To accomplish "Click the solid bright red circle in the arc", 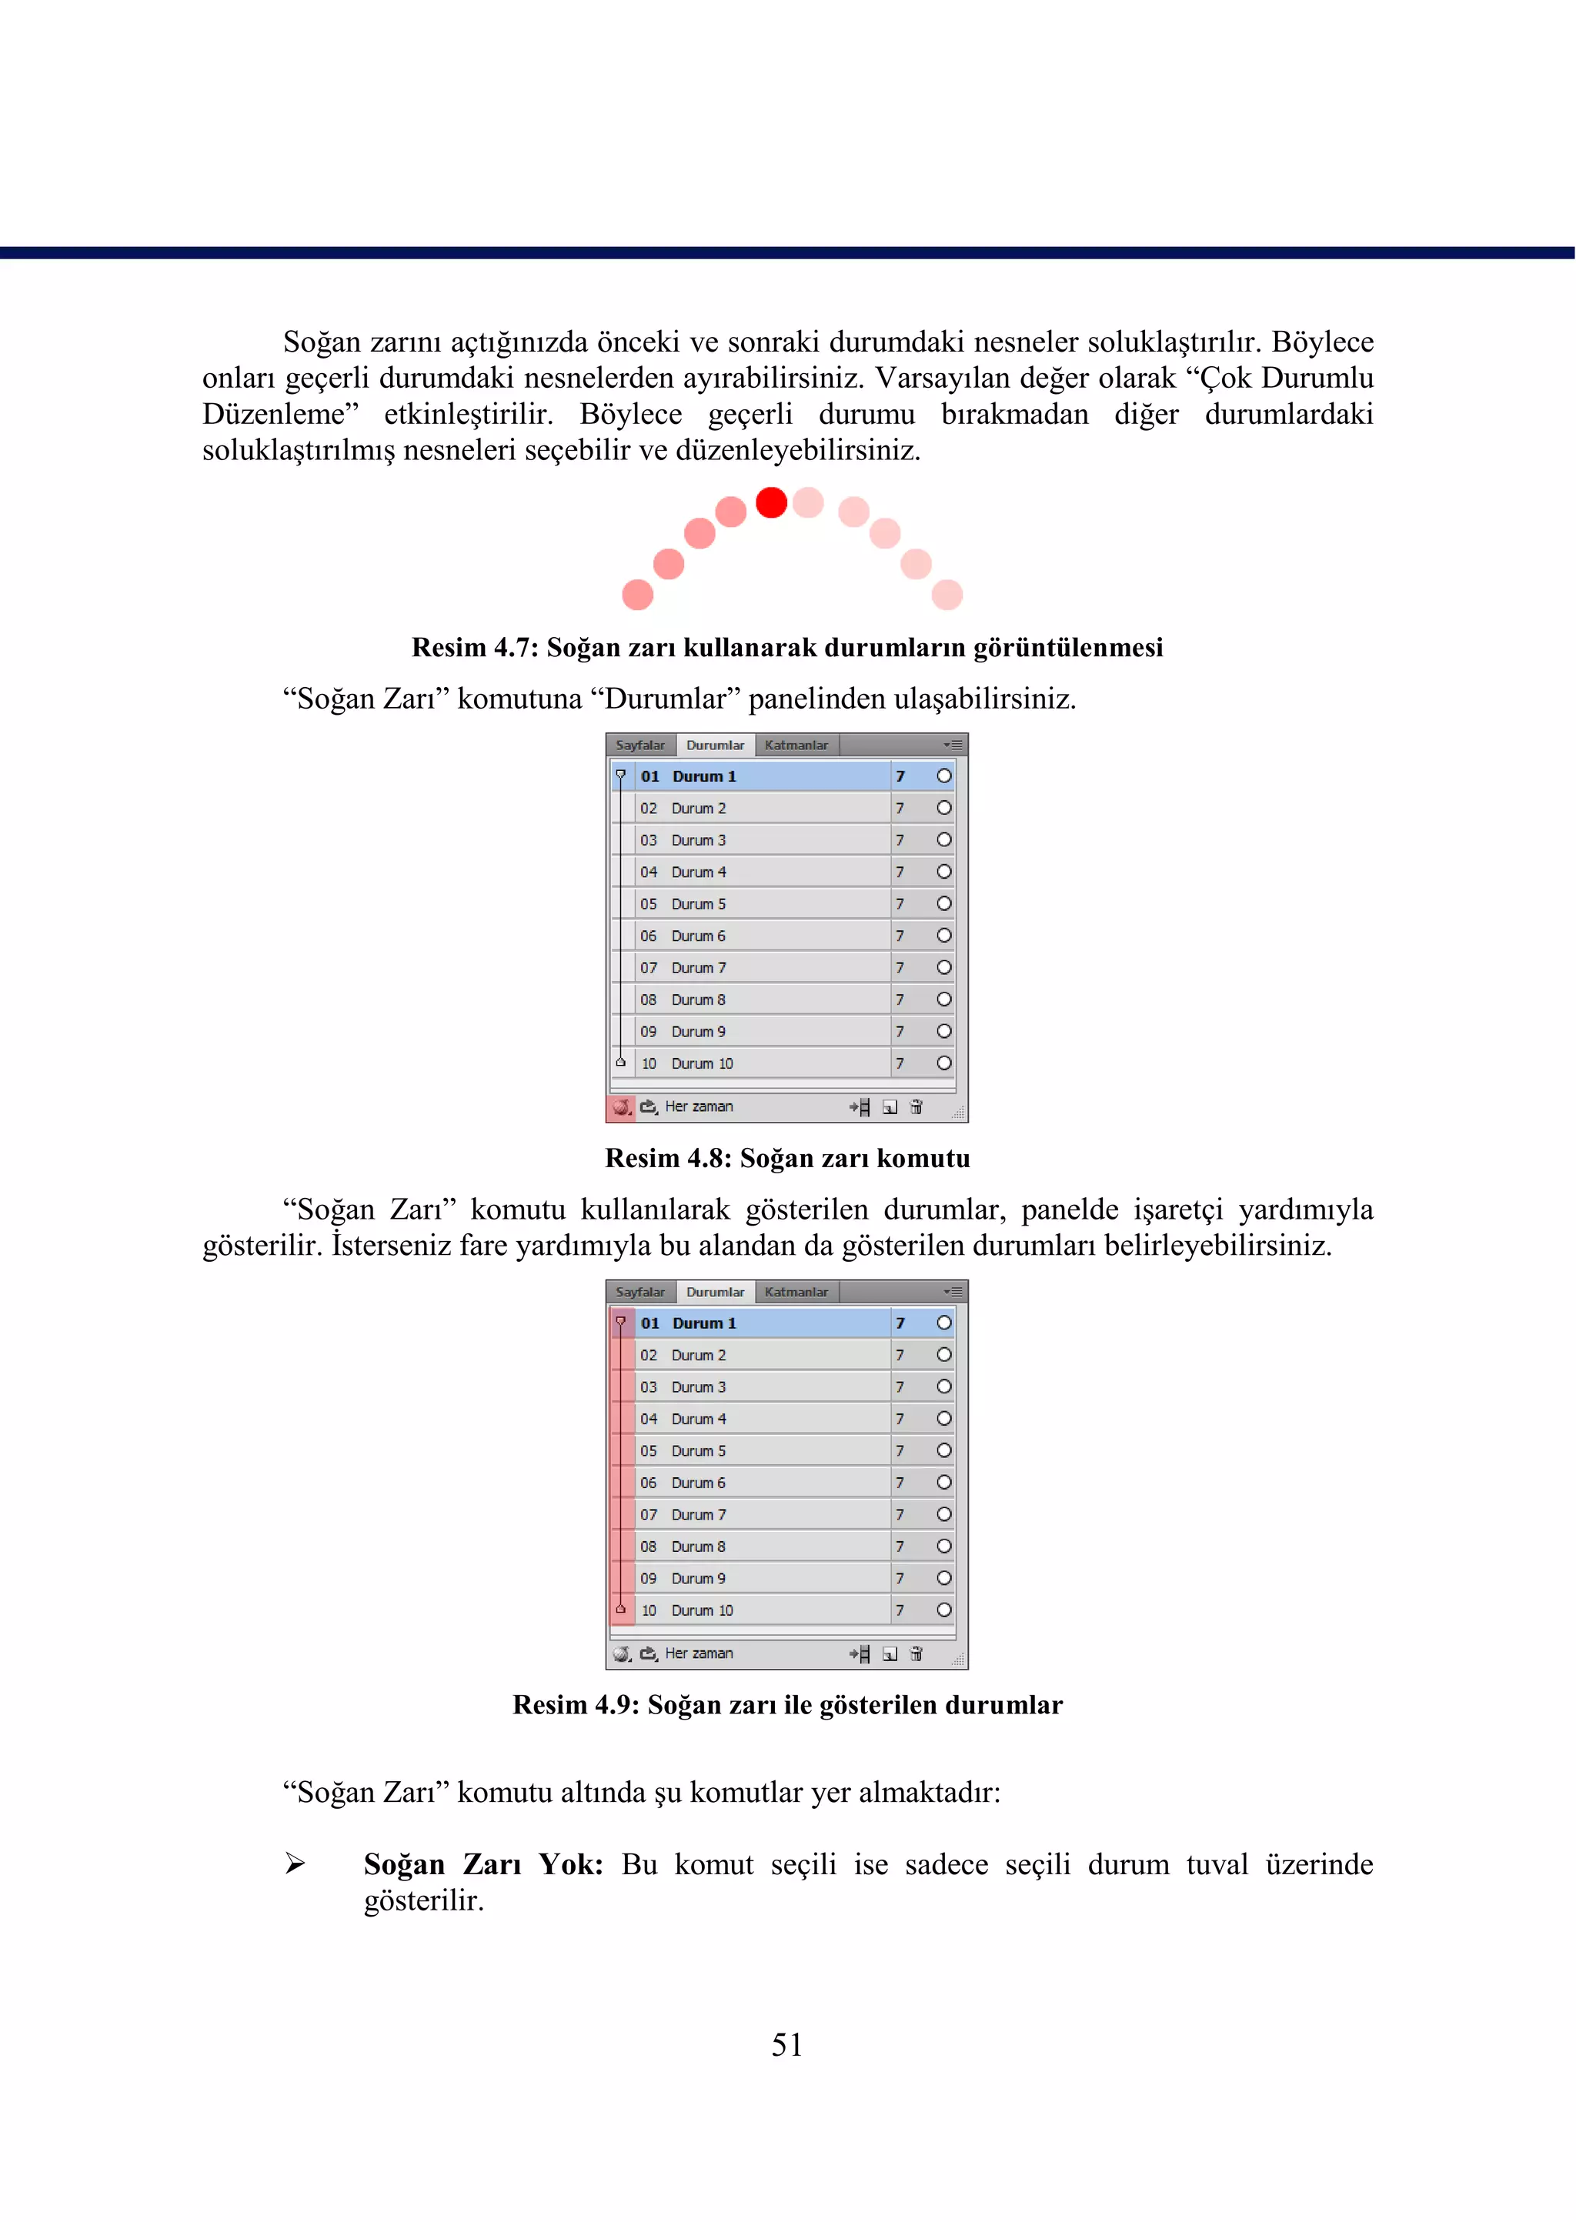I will [772, 502].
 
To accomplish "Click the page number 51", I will [787, 2044].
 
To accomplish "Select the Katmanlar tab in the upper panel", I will [796, 746].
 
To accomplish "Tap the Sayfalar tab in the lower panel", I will [639, 1292].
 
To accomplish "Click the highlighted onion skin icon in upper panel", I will [621, 1106].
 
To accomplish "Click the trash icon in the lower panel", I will [916, 1653].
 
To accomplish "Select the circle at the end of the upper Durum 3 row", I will [943, 839].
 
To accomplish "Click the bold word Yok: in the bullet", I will [571, 1864].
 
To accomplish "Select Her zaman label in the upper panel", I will [699, 1106].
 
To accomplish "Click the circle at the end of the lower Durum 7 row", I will [943, 1513].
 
